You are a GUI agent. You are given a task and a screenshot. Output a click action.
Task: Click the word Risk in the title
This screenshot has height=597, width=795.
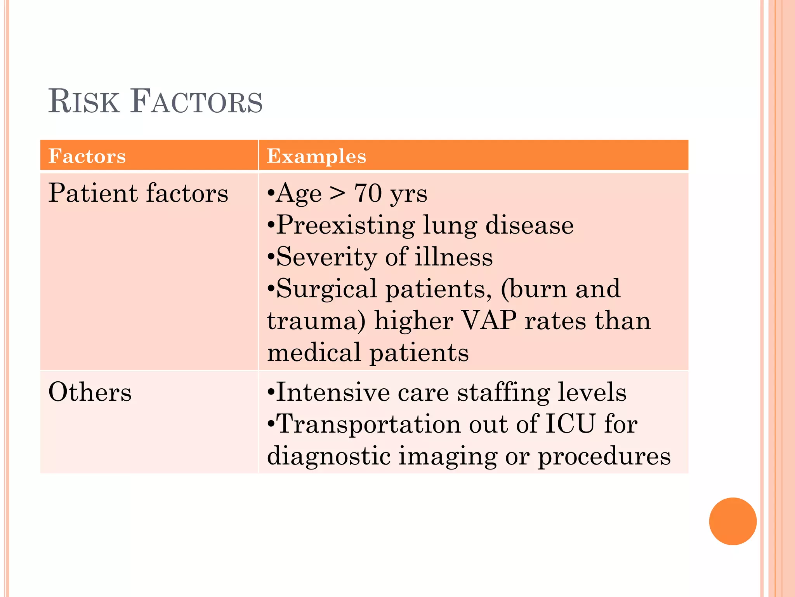(84, 102)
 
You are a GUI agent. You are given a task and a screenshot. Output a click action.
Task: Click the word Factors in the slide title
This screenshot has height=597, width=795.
(196, 102)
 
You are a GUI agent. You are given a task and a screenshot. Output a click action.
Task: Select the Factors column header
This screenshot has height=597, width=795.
(87, 156)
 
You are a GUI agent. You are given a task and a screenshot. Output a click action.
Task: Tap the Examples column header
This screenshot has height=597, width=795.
(316, 156)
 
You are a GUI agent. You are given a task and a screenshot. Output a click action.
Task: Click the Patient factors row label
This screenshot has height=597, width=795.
(138, 193)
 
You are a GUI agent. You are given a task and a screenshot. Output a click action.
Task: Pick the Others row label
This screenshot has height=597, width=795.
(90, 392)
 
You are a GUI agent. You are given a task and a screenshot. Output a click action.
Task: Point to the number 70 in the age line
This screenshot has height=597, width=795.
(368, 193)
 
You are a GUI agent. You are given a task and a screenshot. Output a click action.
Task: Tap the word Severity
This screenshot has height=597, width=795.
(326, 257)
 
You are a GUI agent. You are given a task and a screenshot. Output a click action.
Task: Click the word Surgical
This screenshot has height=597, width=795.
(326, 289)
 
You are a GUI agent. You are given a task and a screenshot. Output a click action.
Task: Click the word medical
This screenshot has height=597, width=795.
(314, 353)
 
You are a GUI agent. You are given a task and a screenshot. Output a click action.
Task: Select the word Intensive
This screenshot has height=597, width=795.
(332, 392)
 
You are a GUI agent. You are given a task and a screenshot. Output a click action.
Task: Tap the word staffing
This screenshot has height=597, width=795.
(503, 393)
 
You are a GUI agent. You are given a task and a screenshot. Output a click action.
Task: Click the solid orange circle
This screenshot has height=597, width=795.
(733, 521)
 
